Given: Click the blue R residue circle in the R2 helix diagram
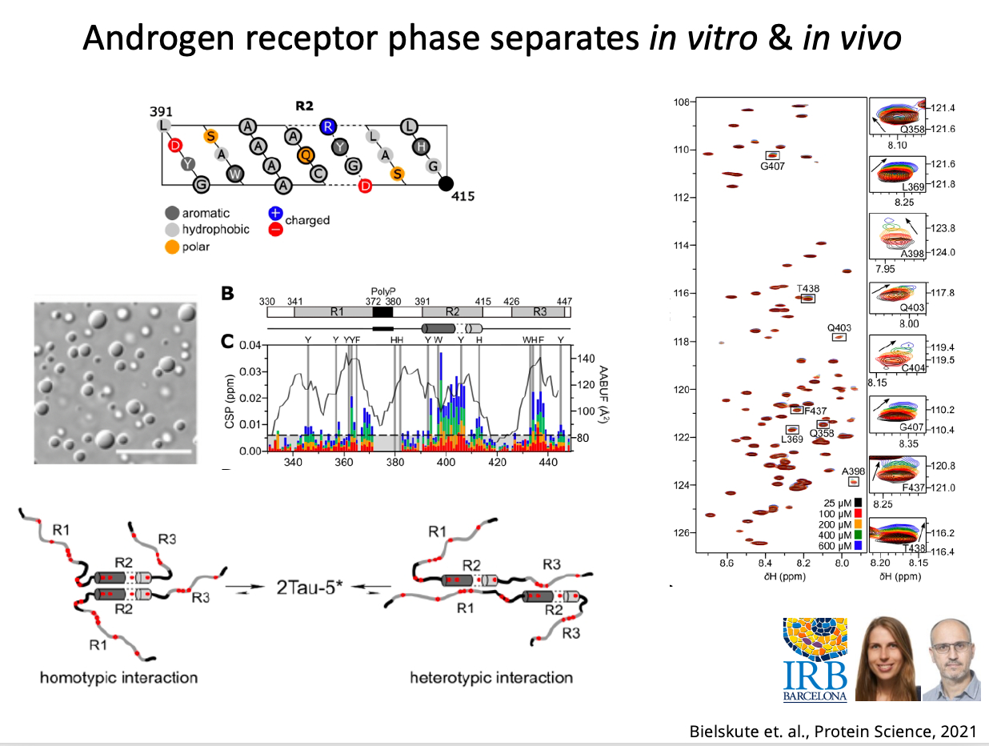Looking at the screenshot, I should tap(326, 126).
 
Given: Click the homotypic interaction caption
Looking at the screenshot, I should tap(118, 678).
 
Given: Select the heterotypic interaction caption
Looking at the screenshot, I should tap(490, 678).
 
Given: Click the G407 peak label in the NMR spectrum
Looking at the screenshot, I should tap(773, 167).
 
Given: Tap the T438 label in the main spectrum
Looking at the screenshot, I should tap(807, 289).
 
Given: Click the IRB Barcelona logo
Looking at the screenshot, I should tap(815, 659).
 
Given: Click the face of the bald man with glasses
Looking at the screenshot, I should tap(952, 652).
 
